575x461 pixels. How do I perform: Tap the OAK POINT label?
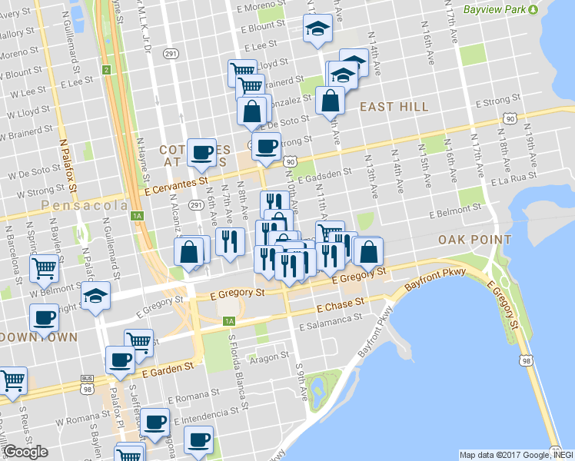point(474,240)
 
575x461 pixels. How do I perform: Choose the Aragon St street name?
point(269,356)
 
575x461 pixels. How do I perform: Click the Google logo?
point(25,452)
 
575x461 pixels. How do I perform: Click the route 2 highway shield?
point(105,71)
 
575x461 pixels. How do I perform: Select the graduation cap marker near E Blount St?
point(315,30)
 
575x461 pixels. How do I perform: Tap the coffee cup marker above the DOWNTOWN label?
point(45,317)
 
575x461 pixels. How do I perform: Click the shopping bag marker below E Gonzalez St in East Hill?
point(330,100)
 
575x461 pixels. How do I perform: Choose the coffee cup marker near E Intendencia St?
point(156,422)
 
